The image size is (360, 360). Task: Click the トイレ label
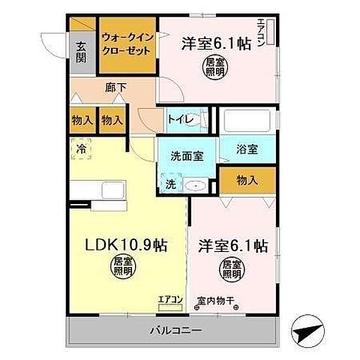point(181,119)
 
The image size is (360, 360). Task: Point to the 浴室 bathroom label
point(247,148)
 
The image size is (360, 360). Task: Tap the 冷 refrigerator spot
point(80,148)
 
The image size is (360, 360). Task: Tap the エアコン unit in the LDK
point(170,302)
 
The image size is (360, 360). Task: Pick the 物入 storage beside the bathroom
point(247,180)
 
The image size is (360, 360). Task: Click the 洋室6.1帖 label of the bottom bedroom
point(233,245)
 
